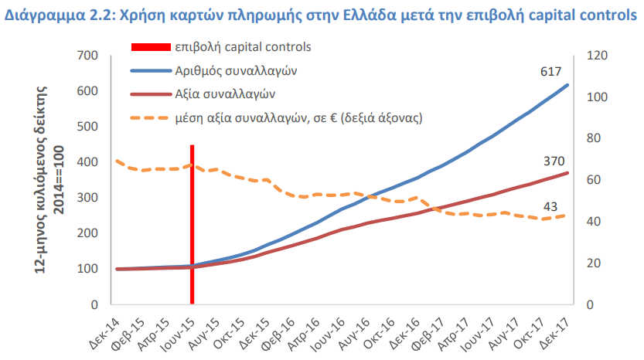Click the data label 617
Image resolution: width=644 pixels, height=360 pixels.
pos(550,72)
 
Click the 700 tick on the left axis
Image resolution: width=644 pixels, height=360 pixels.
pos(87,56)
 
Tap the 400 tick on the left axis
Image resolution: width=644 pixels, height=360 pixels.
pos(87,162)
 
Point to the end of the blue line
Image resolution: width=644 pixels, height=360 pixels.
pos(567,85)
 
